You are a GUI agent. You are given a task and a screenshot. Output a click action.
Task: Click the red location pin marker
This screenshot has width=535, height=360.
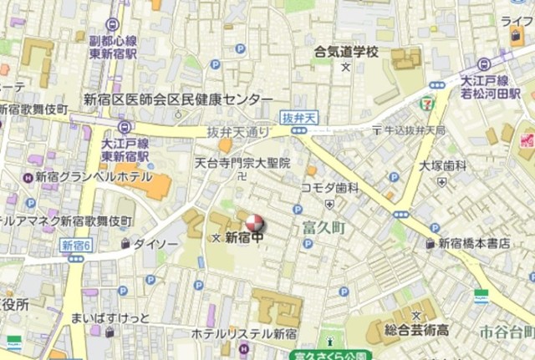(252, 224)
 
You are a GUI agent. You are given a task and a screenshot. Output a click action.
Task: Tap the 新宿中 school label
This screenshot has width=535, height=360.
(244, 238)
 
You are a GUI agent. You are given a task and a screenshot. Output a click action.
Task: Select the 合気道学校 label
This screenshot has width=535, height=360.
(346, 53)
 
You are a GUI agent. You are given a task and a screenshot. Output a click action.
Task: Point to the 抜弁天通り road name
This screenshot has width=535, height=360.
(240, 132)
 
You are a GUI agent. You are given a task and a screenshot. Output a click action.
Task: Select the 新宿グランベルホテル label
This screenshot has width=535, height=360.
(94, 177)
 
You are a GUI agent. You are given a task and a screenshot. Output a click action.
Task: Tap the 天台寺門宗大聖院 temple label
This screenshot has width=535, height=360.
(242, 163)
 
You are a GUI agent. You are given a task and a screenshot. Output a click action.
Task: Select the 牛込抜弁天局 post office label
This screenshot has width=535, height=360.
(415, 131)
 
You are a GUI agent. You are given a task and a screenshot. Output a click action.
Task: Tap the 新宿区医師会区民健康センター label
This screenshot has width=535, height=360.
(178, 99)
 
